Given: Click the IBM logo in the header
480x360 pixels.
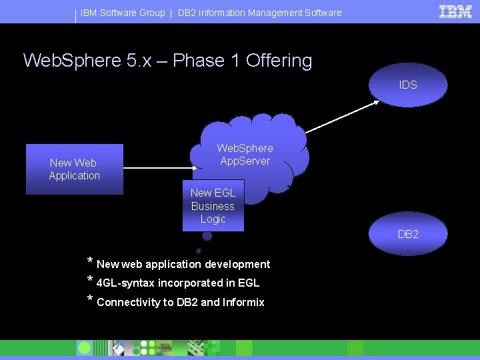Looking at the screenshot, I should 456,12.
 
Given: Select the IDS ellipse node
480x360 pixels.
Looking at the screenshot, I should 408,85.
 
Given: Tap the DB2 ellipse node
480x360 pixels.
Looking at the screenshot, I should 408,234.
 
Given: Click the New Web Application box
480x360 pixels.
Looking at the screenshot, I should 75,169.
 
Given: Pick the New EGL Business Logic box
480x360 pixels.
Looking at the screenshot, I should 213,205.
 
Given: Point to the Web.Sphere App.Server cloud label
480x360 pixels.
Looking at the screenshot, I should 245,154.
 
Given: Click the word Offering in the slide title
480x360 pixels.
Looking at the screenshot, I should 279,61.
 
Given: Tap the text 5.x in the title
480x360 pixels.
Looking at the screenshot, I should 147,61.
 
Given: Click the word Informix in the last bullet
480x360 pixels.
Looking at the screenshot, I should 243,302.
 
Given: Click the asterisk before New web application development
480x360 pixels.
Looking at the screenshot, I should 90,261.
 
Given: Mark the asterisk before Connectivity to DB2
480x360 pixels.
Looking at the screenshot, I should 90,299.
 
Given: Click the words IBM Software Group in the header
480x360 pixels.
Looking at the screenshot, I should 123,13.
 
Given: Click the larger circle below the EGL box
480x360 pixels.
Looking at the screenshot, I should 207,235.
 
